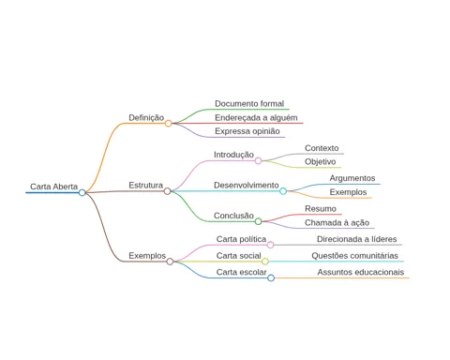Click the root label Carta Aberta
pos(53,187)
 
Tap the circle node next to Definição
pos(168,124)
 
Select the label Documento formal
pos(249,104)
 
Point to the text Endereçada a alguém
pos(256,118)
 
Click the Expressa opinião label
pos(247,131)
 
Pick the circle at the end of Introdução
pos(258,161)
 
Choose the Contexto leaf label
pos(322,148)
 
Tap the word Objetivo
pos(321,162)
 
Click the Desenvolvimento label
pos(246,185)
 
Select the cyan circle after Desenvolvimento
pos(283,191)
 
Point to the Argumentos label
pos(352,178)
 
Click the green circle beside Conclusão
pos(258,221)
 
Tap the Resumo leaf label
pos(321,209)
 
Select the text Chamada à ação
pos(337,223)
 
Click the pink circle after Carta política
pos(270,245)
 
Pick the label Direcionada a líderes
pos(356,239)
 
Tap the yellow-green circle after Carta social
pos(265,262)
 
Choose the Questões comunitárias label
pos(354,256)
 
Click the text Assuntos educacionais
pos(361,272)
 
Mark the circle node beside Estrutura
pos(167,191)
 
